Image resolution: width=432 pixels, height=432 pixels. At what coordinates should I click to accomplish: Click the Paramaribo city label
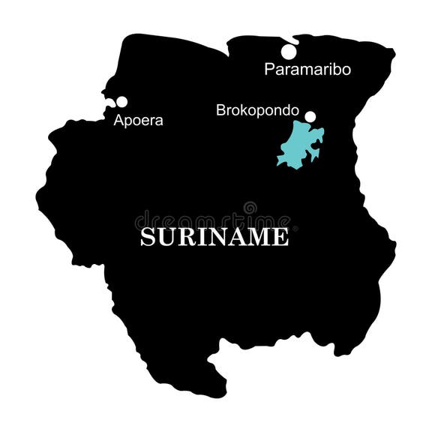(x=307, y=70)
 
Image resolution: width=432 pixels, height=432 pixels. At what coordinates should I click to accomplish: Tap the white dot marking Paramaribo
(x=289, y=52)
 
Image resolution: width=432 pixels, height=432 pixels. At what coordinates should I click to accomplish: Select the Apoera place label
(x=138, y=120)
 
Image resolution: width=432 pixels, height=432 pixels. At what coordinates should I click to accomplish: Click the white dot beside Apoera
(x=121, y=102)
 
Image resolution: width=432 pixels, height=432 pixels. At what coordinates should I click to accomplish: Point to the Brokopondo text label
(x=257, y=110)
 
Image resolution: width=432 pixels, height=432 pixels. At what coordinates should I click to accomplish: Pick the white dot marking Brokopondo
(x=310, y=116)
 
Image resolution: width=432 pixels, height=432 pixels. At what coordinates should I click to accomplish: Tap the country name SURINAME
(x=214, y=237)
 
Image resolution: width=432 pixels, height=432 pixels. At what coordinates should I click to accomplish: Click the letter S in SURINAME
(x=148, y=237)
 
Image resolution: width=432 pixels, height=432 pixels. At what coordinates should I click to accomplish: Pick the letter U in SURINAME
(x=167, y=237)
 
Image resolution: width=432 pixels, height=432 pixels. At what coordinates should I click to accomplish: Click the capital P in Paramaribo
(x=270, y=70)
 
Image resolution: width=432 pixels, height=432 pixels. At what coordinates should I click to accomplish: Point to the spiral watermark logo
(x=250, y=208)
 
